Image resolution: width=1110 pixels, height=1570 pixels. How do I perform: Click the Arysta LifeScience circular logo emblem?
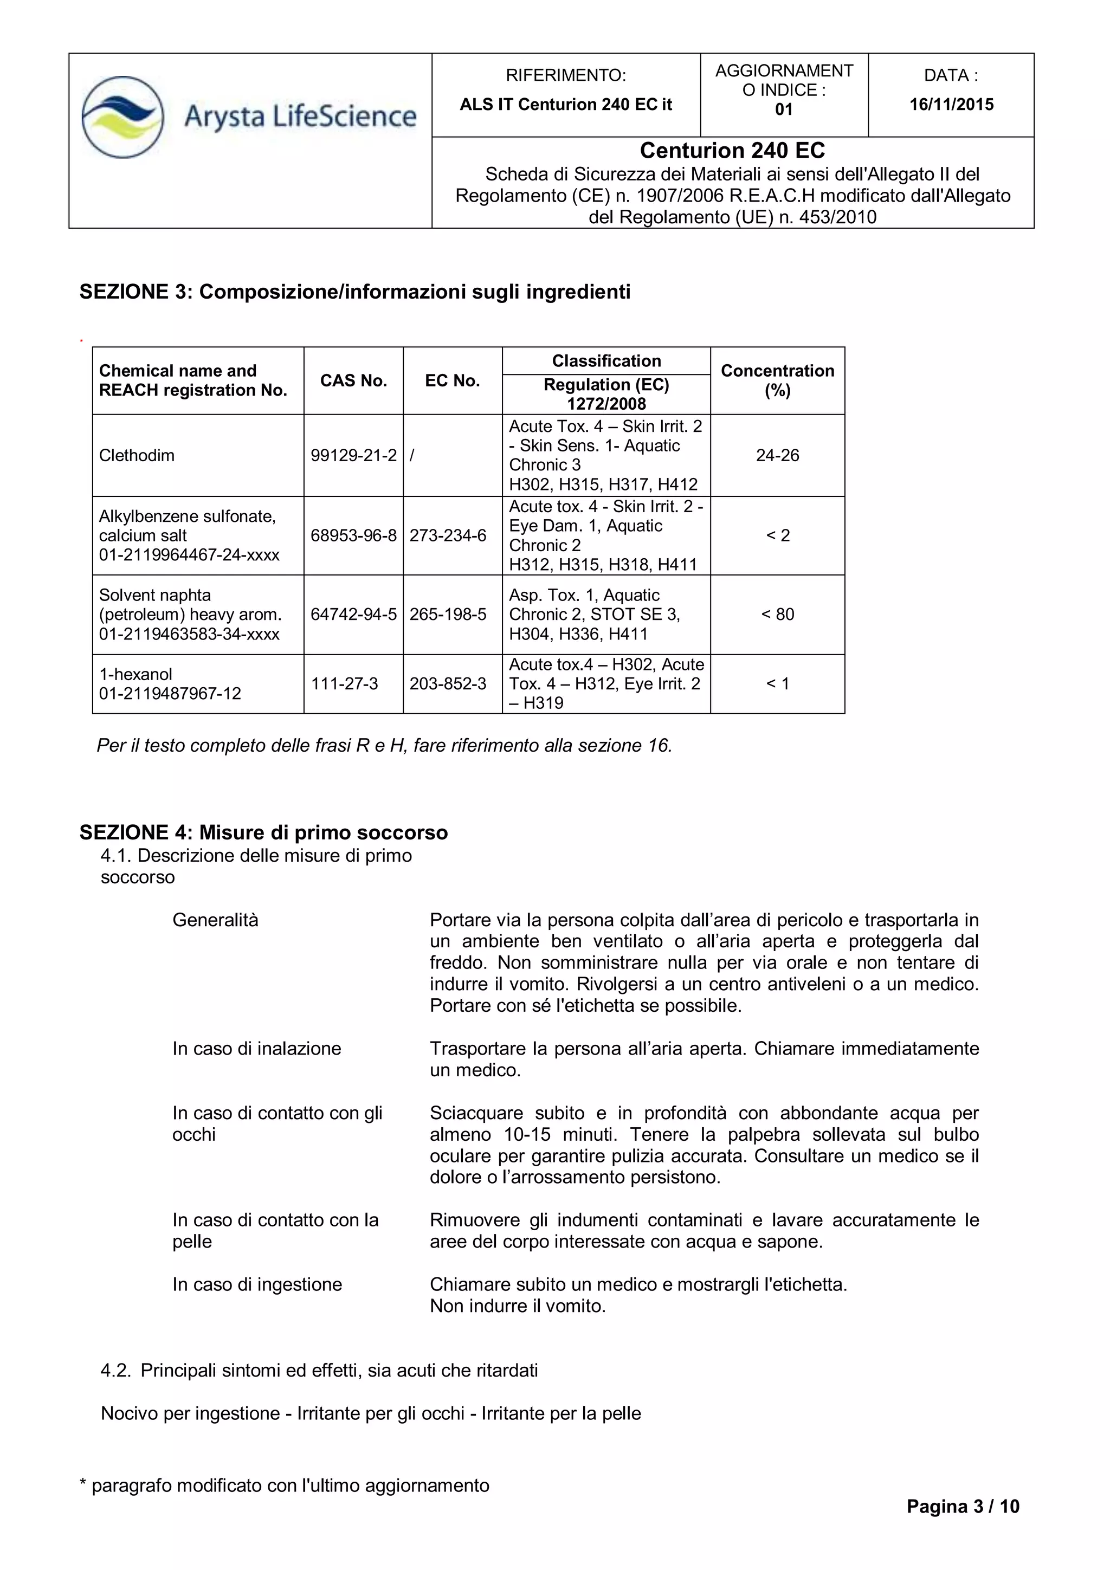click(x=122, y=117)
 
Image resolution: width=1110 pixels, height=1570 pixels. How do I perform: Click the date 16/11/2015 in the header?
click(x=951, y=105)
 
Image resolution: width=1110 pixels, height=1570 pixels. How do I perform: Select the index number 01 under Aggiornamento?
click(x=784, y=109)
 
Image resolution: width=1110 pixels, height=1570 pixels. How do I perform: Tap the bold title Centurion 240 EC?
click(x=732, y=151)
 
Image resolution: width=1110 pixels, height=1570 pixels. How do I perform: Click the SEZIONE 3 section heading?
click(x=354, y=292)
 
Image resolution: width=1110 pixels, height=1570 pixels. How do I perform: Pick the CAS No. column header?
click(x=353, y=381)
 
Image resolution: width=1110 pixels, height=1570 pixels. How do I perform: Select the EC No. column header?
click(x=452, y=381)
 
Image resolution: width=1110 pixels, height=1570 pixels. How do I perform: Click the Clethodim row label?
click(x=137, y=455)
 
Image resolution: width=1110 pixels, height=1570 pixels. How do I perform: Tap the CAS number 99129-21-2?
click(x=353, y=455)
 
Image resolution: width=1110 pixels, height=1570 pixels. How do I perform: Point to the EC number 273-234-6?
click(x=448, y=535)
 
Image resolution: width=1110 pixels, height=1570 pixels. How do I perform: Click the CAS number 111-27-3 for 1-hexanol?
click(x=344, y=684)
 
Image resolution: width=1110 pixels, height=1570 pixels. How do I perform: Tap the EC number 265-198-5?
click(x=448, y=614)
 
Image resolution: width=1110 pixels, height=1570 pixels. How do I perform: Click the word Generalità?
click(x=215, y=920)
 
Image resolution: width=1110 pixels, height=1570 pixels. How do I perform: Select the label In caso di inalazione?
click(x=256, y=1049)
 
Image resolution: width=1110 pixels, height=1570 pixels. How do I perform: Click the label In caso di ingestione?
click(x=257, y=1285)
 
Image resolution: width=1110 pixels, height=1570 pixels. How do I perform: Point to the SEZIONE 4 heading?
click(x=263, y=833)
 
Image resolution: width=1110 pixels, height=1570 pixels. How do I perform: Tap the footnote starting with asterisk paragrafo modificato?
click(x=285, y=1486)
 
